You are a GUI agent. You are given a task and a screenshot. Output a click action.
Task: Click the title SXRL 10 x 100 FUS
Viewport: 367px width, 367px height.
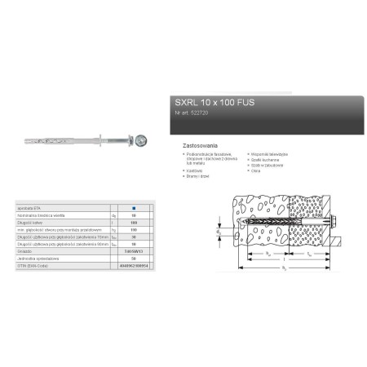click(207, 104)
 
